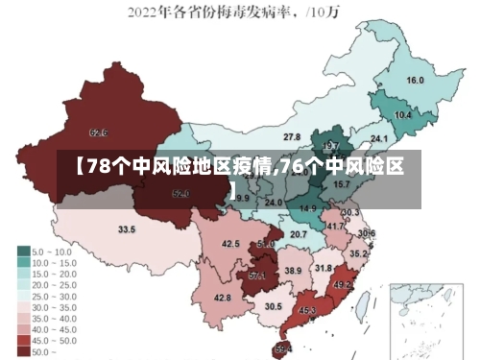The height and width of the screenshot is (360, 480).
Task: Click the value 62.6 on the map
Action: point(98,132)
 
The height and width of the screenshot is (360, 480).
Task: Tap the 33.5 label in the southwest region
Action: point(127,229)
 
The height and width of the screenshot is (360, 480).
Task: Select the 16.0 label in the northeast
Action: point(416,81)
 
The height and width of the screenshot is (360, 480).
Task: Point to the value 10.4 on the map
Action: point(403,115)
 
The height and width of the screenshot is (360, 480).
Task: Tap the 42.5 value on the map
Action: point(230,244)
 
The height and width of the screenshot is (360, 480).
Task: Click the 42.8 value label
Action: point(222,299)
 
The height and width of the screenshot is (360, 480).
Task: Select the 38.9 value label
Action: point(293,272)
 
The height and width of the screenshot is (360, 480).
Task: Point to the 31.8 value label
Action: point(324,268)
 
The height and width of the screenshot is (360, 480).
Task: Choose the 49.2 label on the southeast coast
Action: point(343,285)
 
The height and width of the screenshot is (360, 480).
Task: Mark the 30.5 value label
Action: point(274,306)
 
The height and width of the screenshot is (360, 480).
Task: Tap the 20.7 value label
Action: point(299,234)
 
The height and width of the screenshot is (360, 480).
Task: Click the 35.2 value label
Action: point(357,253)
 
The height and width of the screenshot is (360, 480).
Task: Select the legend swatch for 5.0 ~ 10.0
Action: point(23,251)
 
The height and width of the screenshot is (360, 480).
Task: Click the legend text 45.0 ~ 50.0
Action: point(56,340)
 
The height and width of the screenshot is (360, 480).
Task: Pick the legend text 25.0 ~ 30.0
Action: point(56,296)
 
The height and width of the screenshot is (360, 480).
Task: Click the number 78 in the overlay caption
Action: point(98,167)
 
